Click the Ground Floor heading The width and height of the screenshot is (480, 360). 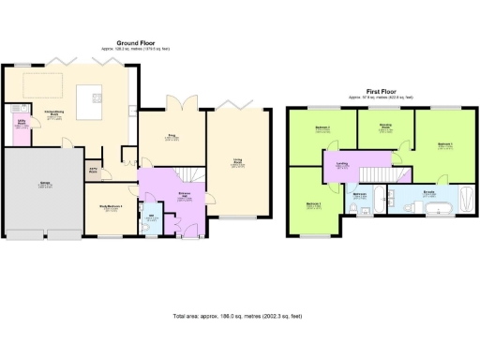pos(135,42)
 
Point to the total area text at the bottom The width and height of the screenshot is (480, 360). pos(240,318)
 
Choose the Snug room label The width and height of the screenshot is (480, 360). pos(172,136)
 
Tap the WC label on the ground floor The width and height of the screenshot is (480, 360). pos(150,216)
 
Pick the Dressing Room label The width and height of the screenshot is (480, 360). pos(384,127)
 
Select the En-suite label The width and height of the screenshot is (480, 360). pos(429,193)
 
